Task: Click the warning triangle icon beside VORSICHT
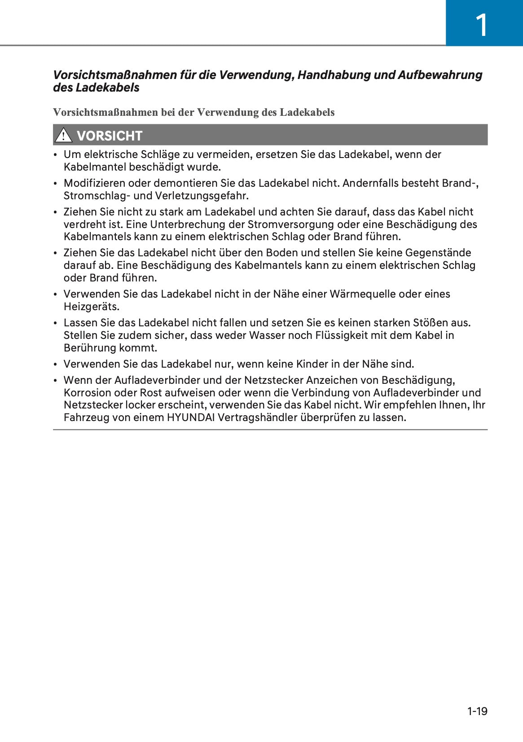[x=63, y=135]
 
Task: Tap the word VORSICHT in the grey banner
[x=110, y=136]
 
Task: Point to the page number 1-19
[x=477, y=711]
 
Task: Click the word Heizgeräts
[x=91, y=307]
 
